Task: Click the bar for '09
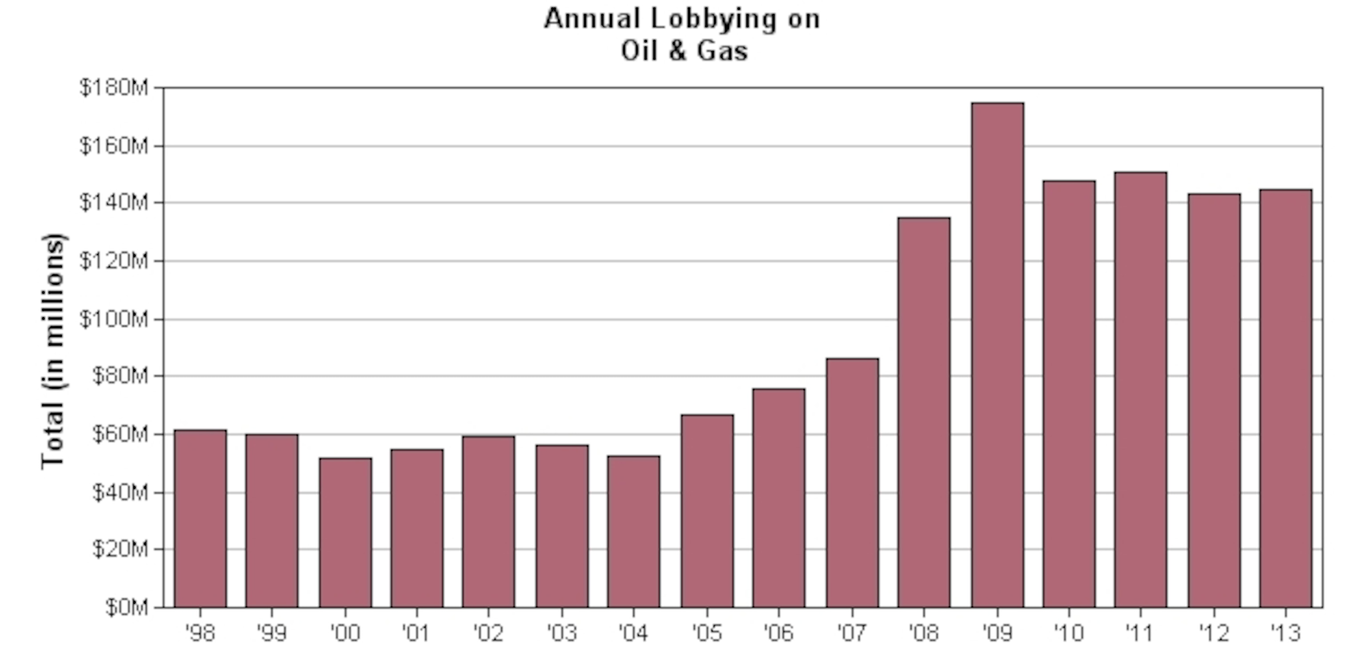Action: (997, 355)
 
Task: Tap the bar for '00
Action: (346, 532)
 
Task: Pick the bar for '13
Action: (1285, 398)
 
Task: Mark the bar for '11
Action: (1140, 389)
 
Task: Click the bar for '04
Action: (634, 531)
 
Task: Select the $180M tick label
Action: (114, 88)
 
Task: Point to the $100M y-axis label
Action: (114, 319)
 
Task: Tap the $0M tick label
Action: (127, 607)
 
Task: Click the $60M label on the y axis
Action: (120, 435)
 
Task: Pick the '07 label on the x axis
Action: (851, 632)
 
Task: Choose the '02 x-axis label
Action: (487, 632)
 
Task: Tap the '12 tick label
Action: (1213, 632)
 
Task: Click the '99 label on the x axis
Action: (271, 632)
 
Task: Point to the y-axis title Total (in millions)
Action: (53, 351)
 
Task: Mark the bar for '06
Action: (778, 498)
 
